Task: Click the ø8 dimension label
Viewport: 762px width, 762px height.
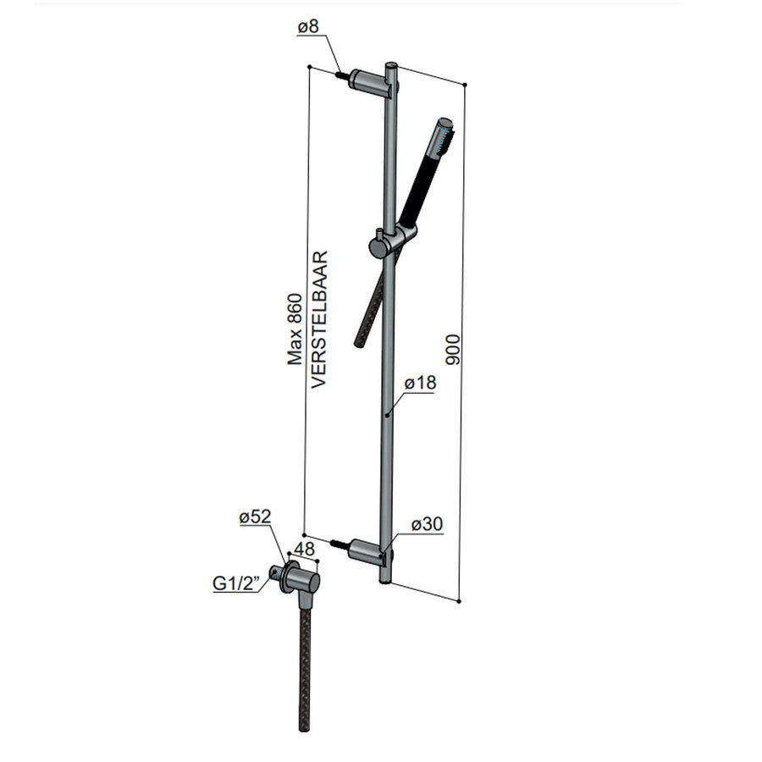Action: coord(308,28)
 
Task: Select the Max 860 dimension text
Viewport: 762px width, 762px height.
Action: coord(295,329)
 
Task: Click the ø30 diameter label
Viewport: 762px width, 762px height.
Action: coord(427,525)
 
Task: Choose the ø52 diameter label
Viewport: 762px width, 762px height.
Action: coord(254,517)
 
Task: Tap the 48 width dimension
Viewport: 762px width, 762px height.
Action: coord(306,549)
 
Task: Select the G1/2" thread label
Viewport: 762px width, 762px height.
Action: coord(233,583)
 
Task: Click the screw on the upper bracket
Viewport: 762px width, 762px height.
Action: coord(344,75)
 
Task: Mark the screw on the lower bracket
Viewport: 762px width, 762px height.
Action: coord(341,544)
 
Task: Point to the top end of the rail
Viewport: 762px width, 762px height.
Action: coord(390,66)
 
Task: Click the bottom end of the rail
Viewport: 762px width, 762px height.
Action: coord(385,578)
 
